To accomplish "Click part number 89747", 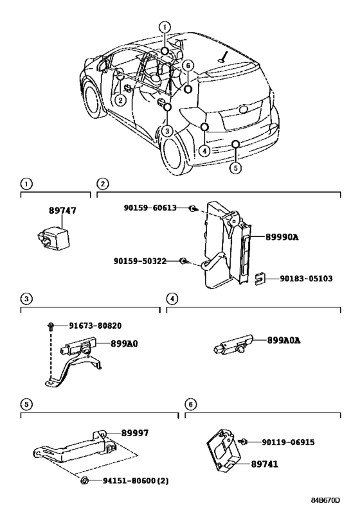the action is (x=62, y=211).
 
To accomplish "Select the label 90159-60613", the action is (x=150, y=208).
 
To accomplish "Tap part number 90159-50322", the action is (x=140, y=261).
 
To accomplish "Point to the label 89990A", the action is (x=282, y=237).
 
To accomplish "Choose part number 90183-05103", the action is (x=306, y=279).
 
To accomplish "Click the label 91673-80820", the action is (x=95, y=326).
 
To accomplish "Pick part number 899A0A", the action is (x=283, y=340).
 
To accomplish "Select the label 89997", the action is (x=134, y=433).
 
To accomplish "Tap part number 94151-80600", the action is (x=129, y=480).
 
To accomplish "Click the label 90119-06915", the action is (x=288, y=442).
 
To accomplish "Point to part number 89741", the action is (x=265, y=464).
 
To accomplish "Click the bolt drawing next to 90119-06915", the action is (x=243, y=442).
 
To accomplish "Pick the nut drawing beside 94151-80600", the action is (x=84, y=480).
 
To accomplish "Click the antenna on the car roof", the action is (x=224, y=57).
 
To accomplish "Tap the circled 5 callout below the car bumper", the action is (x=236, y=168).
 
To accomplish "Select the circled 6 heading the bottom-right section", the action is (x=191, y=405).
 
